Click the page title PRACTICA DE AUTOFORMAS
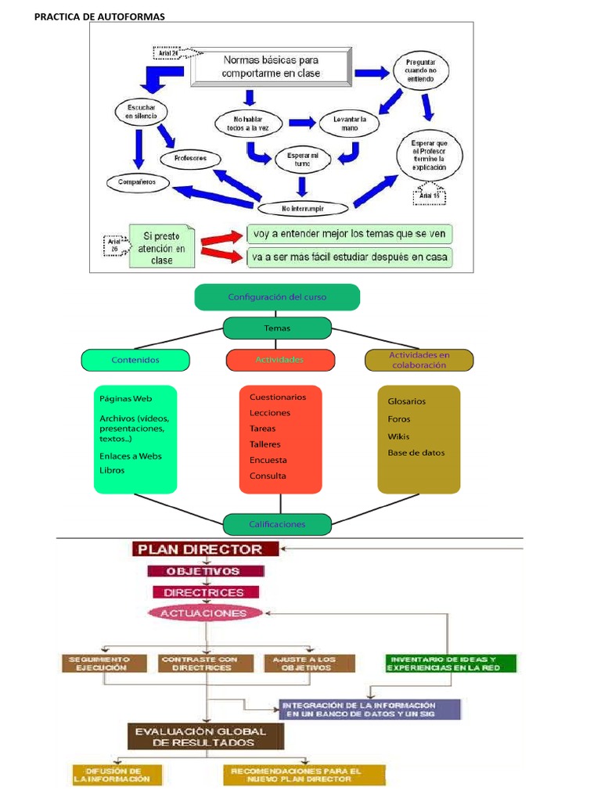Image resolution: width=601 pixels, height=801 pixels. pyautogui.click(x=99, y=17)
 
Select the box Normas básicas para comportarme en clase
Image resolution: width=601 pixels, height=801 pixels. pyautogui.click(x=271, y=67)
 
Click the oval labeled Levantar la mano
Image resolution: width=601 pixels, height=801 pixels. pyautogui.click(x=349, y=123)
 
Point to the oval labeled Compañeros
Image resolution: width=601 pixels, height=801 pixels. pyautogui.click(x=138, y=182)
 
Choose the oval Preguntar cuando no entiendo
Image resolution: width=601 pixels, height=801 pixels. pyautogui.click(x=426, y=71)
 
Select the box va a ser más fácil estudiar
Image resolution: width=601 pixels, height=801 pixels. pyautogui.click(x=350, y=257)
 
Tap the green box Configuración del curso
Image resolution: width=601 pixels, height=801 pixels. pyautogui.click(x=277, y=297)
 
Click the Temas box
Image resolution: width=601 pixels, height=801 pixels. pyautogui.click(x=277, y=329)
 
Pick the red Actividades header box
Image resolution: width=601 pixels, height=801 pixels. pyautogui.click(x=280, y=360)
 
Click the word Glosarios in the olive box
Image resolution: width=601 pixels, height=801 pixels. pyautogui.click(x=407, y=401)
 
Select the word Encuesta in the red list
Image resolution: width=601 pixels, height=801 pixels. pyautogui.click(x=268, y=460)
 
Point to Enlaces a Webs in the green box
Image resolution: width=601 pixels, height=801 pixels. pyautogui.click(x=131, y=456)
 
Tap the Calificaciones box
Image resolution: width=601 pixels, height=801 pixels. pyautogui.click(x=277, y=524)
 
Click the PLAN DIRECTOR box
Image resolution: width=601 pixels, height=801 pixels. pyautogui.click(x=205, y=548)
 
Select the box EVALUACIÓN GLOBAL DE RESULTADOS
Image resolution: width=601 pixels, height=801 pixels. pyautogui.click(x=205, y=736)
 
